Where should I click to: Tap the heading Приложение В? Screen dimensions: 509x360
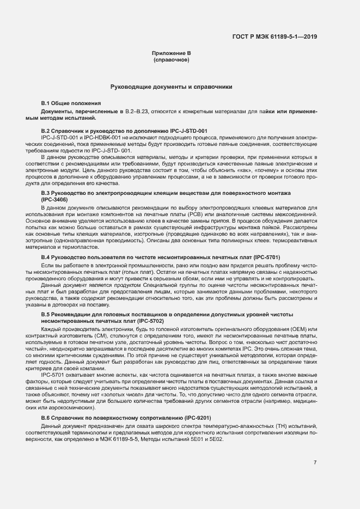click(172, 53)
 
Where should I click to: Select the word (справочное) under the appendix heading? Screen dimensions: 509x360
click(172, 59)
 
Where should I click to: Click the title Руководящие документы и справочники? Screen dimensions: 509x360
click(172, 87)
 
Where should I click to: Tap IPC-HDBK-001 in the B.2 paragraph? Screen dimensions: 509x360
click(93, 139)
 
